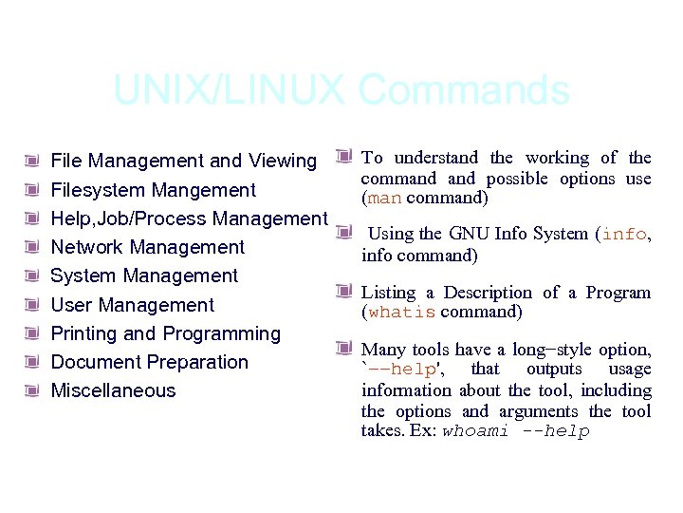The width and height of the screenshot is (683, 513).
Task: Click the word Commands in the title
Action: coord(465,91)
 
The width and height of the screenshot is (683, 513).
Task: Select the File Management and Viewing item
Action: coord(183,161)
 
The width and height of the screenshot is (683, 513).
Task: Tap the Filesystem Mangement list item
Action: coord(153,190)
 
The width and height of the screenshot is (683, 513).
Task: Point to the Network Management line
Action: coord(147,247)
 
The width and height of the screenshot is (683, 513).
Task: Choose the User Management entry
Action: coord(132,305)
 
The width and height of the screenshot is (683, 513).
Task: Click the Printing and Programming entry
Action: coord(165,333)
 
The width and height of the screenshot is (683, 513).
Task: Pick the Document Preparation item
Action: coord(149,362)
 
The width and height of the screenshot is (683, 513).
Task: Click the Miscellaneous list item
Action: coord(113,390)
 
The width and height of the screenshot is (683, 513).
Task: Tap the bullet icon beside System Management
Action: coord(32,276)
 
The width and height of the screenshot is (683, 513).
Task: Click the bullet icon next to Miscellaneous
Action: coord(32,390)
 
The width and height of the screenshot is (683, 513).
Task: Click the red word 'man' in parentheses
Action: coord(384,199)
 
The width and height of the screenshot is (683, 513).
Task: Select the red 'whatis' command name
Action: coord(401,313)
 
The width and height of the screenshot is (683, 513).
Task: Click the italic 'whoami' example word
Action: coord(475,431)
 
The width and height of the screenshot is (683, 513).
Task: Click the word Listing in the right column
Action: coord(390,293)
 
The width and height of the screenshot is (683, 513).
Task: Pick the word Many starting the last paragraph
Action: coord(383,350)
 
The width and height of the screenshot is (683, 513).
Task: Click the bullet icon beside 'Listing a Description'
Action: coord(343,291)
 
